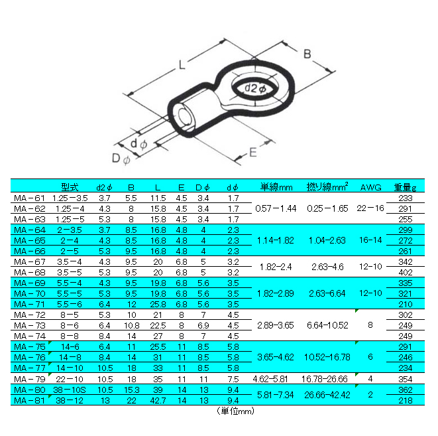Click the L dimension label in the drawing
tap(182, 65)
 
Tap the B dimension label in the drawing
tap(307, 54)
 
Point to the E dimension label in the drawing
tap(253, 153)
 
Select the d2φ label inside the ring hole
tap(255, 88)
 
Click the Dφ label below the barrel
tap(121, 159)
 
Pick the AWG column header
tap(370, 187)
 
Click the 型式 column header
tap(70, 187)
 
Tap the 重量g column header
tap(405, 187)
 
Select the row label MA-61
tap(29, 198)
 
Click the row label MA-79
tap(29, 379)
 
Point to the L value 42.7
tap(158, 400)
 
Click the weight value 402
tap(406, 272)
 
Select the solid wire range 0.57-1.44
tap(276, 208)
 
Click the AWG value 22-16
tap(370, 208)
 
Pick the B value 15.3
tap(132, 390)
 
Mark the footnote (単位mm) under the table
tap(235, 411)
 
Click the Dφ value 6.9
tap(203, 326)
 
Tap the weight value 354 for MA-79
tap(406, 379)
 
